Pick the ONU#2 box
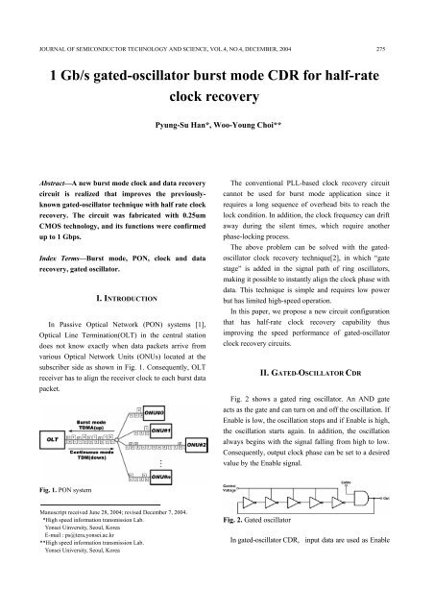[196, 447]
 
